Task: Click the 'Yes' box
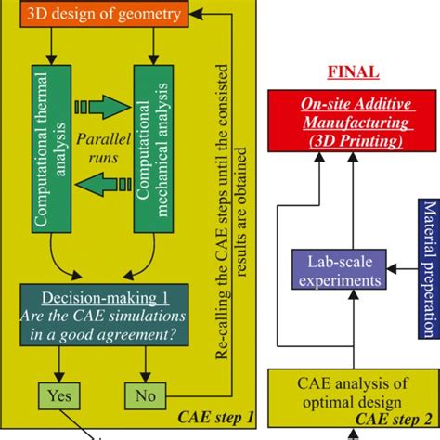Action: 55,394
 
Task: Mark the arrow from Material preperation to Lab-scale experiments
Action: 402,268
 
